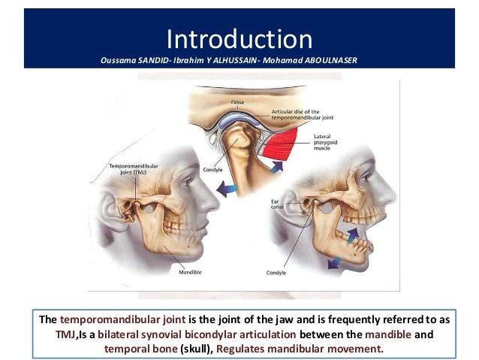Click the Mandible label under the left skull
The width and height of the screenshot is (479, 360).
tap(188, 271)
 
